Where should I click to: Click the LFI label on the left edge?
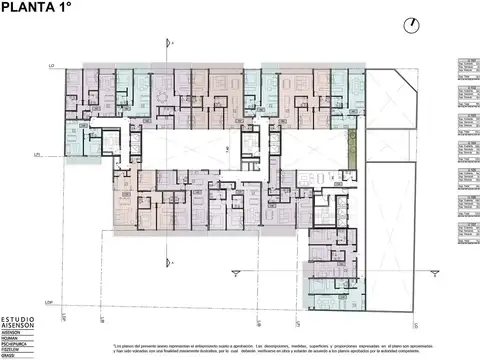pyautogui.click(x=36, y=156)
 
